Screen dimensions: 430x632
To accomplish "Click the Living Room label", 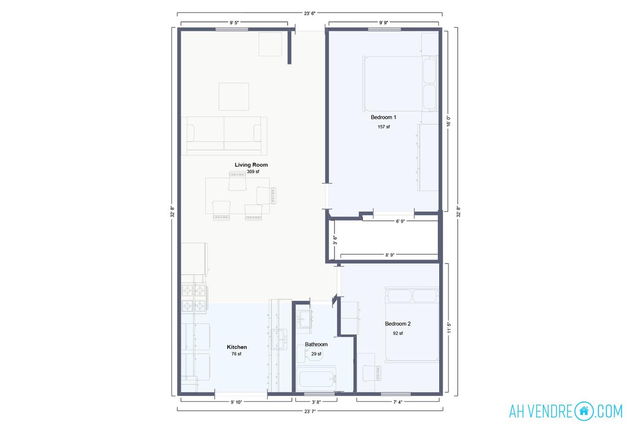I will point(251,165).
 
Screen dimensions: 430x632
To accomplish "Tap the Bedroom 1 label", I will point(383,117).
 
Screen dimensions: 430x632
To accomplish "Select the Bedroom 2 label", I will point(398,324).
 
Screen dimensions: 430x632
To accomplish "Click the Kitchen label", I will point(237,347).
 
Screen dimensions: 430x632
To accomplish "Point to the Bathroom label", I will point(316,344).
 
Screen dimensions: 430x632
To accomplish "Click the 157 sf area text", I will point(383,127).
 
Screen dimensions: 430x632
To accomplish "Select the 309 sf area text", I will point(253,172).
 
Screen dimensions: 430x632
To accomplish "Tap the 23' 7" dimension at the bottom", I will point(310,411).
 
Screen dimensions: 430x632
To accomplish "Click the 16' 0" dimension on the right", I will point(448,121).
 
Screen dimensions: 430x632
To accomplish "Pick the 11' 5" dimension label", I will point(448,328).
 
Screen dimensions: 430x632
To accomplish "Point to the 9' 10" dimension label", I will point(236,402).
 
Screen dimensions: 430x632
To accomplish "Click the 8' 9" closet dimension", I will point(390,255).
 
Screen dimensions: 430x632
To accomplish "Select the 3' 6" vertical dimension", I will point(335,240).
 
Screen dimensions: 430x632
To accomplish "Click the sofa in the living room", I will point(224,135).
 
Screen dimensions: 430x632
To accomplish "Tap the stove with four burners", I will point(194,298).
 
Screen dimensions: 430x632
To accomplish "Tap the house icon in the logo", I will point(584,411).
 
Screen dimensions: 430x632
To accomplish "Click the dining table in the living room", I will point(237,196).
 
